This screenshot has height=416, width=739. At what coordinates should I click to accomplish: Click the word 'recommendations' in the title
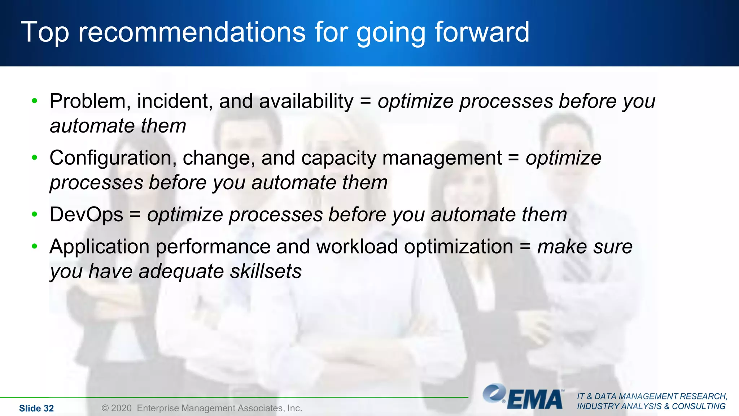point(192,32)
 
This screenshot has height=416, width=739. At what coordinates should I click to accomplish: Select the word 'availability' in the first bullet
point(306,101)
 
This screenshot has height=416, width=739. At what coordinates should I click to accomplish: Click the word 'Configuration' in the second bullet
point(113,158)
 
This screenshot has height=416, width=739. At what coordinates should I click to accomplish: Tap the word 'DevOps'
point(86,214)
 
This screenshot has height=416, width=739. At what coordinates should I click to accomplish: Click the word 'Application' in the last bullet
point(99,247)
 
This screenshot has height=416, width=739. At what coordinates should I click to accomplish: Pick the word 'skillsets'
point(266,271)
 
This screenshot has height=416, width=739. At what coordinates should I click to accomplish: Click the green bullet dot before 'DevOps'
point(35,214)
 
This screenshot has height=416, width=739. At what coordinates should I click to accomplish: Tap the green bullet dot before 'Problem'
point(35,101)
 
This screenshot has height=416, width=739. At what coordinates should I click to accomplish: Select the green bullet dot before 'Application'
point(35,247)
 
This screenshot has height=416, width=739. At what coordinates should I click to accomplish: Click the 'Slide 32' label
point(36,408)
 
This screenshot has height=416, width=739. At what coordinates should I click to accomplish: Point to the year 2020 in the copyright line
point(121,408)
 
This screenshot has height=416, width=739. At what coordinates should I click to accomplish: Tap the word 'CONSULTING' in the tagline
point(698,407)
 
